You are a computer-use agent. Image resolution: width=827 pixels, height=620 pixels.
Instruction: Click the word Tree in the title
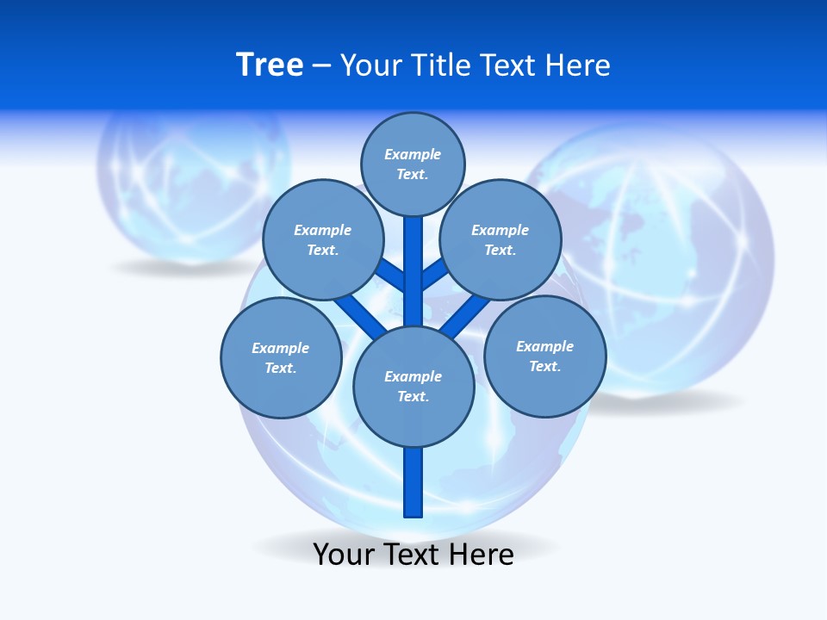[x=270, y=65]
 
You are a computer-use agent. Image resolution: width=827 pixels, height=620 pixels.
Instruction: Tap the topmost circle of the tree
[x=413, y=164]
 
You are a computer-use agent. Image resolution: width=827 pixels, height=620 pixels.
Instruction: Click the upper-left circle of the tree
[x=323, y=239]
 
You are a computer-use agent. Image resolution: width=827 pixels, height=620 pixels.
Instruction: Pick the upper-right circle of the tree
[x=501, y=239]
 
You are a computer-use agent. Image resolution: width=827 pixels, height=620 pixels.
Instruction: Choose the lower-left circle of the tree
[x=281, y=357]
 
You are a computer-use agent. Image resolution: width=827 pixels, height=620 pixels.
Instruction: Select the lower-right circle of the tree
[x=545, y=356]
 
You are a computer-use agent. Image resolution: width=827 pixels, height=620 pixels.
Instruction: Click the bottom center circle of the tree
[x=413, y=386]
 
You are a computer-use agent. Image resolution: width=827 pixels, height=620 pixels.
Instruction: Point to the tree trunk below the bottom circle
[x=413, y=482]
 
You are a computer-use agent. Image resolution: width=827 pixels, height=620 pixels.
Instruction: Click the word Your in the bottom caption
[x=343, y=555]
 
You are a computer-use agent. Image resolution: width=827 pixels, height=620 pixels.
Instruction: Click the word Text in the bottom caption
[x=412, y=555]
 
